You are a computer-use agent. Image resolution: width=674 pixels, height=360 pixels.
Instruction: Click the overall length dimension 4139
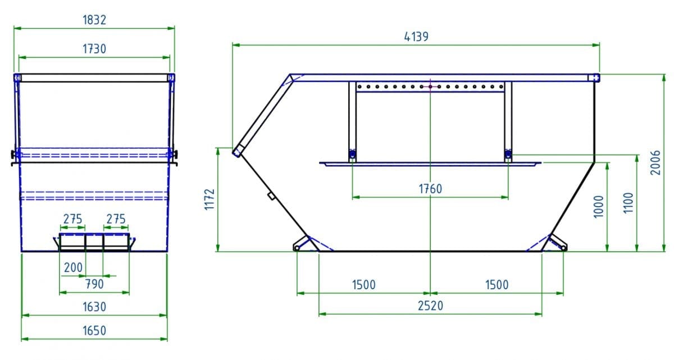pyautogui.click(x=416, y=37)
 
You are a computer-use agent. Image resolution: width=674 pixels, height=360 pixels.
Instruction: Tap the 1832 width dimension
pyautogui.click(x=94, y=20)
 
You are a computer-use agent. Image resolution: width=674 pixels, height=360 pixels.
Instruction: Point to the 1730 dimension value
pyautogui.click(x=94, y=49)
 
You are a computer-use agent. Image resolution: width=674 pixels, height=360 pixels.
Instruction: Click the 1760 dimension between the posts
pyautogui.click(x=430, y=189)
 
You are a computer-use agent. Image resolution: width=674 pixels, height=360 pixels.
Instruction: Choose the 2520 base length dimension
pyautogui.click(x=430, y=306)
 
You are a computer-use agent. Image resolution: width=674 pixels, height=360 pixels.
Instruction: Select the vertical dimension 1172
pyautogui.click(x=210, y=199)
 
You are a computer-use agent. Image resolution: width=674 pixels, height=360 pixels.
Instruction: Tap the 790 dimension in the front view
pyautogui.click(x=94, y=284)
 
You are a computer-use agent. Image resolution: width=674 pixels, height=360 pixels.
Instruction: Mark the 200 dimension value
pyautogui.click(x=73, y=267)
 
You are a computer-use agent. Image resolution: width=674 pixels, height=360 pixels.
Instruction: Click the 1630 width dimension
pyautogui.click(x=94, y=307)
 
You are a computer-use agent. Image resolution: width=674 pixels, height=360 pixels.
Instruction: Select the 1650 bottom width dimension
pyautogui.click(x=94, y=330)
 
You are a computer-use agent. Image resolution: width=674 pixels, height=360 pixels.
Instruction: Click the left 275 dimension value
pyautogui.click(x=72, y=219)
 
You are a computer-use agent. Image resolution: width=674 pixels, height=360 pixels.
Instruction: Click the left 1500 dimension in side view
pyautogui.click(x=363, y=285)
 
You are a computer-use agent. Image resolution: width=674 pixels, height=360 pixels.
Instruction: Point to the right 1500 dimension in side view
pyautogui.click(x=496, y=285)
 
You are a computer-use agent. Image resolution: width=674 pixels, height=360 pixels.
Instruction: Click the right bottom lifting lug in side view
pyautogui.click(x=557, y=243)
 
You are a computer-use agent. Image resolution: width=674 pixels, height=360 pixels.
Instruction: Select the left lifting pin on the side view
pyautogui.click(x=352, y=154)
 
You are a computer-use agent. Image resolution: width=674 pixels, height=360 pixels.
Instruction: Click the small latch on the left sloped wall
pyautogui.click(x=270, y=196)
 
